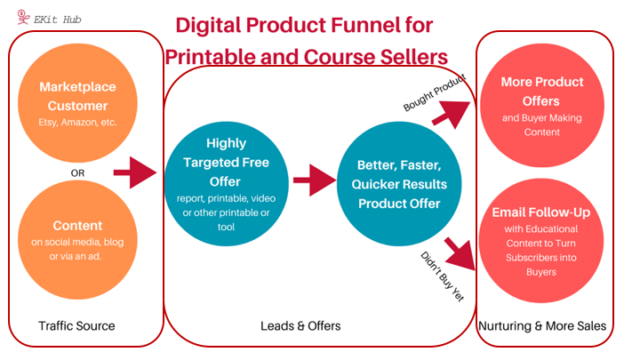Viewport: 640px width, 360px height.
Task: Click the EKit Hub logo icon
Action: pyautogui.click(x=23, y=17)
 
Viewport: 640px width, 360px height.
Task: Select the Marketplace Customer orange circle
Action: pyautogui.click(x=77, y=103)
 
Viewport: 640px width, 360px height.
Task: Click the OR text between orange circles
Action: pyautogui.click(x=77, y=173)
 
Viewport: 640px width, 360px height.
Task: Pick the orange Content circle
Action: pyautogui.click(x=77, y=240)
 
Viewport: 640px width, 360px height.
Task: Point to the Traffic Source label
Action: pyautogui.click(x=76, y=325)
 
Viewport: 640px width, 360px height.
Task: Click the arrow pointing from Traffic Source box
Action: pyautogui.click(x=135, y=172)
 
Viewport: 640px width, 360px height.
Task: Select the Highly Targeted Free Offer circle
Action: pyautogui.click(x=226, y=184)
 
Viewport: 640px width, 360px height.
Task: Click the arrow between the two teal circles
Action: pyautogui.click(x=315, y=180)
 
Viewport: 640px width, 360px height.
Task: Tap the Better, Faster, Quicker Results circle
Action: pyautogui.click(x=399, y=184)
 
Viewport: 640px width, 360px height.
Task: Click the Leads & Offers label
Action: pyautogui.click(x=300, y=325)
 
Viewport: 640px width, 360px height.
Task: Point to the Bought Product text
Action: pyautogui.click(x=435, y=92)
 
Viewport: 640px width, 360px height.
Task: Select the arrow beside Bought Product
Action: pyautogui.click(x=452, y=114)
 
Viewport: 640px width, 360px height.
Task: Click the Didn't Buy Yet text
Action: pyautogui.click(x=443, y=276)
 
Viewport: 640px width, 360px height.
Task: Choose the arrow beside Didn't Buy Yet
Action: pyautogui.click(x=460, y=254)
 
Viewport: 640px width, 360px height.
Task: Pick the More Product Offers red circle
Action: pyautogui.click(x=542, y=106)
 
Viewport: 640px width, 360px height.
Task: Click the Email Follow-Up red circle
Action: pyautogui.click(x=541, y=241)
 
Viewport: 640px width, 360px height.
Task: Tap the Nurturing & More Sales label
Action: pyautogui.click(x=542, y=325)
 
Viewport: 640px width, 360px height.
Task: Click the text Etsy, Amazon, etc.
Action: pyautogui.click(x=77, y=123)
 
